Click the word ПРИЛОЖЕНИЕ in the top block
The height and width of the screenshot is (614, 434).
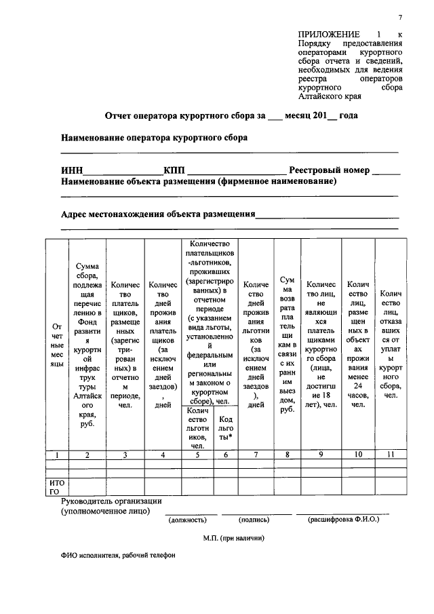tap(328, 34)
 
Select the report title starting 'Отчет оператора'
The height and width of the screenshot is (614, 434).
tap(231, 116)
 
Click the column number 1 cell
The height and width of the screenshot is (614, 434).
tap(57, 455)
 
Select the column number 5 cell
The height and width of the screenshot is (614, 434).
tap(197, 455)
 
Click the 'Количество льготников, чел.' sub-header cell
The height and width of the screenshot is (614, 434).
tap(197, 428)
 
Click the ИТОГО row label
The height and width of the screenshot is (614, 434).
tap(57, 486)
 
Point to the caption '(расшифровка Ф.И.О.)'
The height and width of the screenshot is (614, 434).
tap(344, 520)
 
